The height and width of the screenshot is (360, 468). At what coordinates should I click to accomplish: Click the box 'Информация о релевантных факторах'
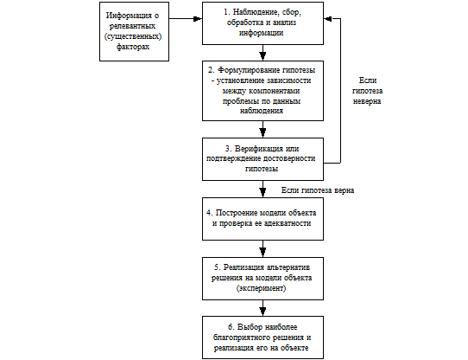[134, 32]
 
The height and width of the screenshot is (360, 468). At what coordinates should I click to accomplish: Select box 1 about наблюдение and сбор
[262, 23]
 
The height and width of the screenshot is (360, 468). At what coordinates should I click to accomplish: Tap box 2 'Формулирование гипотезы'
[262, 91]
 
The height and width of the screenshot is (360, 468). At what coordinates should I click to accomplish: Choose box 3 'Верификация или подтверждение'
[262, 159]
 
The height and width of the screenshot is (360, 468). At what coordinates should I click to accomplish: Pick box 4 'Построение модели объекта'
[262, 219]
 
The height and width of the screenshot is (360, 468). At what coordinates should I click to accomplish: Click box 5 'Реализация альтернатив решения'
[262, 279]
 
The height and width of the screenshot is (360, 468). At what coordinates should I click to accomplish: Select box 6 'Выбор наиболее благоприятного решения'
[262, 337]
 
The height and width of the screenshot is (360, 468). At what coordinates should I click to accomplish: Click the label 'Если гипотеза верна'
[318, 190]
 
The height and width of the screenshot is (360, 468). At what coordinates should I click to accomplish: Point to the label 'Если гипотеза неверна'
[367, 91]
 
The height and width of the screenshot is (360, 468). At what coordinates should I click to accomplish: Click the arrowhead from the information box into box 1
[198, 18]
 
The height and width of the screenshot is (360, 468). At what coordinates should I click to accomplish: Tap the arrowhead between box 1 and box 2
[262, 56]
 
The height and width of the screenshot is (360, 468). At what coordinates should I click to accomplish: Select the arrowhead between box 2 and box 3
[262, 133]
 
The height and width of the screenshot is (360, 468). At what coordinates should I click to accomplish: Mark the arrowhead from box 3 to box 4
[262, 192]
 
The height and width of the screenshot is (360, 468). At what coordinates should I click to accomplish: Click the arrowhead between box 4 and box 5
[262, 253]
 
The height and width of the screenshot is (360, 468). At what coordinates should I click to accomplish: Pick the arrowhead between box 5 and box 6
[262, 312]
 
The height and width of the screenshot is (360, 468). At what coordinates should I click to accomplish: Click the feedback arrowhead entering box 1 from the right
[328, 18]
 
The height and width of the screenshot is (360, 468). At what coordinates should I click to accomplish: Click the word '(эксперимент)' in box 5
[261, 288]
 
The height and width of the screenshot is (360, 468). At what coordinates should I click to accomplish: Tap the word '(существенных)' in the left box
[133, 36]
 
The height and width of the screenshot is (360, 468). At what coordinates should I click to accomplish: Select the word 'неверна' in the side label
[367, 101]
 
